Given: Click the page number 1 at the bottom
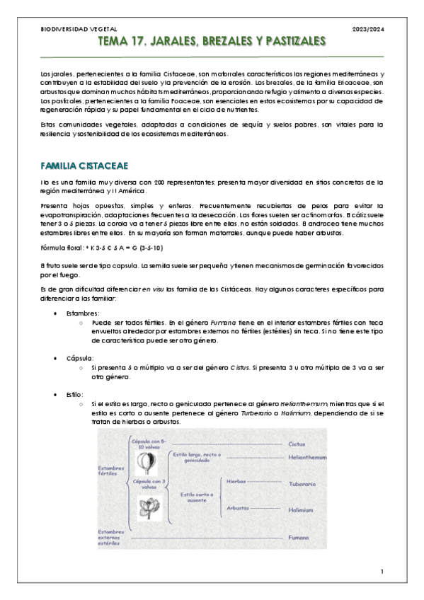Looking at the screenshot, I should pos(382,571).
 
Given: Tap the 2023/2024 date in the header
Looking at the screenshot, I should pos(369,29).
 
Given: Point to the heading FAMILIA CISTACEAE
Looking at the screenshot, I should pos(84,166).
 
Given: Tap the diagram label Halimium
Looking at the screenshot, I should pos(301,509).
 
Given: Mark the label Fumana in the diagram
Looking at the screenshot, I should pos(298,538).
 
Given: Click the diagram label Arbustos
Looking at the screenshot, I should pos(239,508).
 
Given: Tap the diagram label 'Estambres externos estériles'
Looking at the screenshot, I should pos(113,538).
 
